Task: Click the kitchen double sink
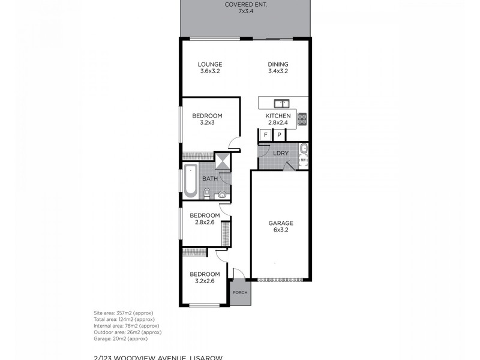(x=281, y=103)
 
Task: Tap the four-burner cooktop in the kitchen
(x=302, y=119)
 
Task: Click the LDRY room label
(x=281, y=153)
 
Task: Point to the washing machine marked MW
(x=304, y=161)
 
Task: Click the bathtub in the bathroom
(x=190, y=180)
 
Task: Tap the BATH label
(x=209, y=179)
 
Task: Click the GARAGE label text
(x=280, y=223)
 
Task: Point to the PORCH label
(x=239, y=293)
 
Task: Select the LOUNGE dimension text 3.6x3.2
(x=210, y=71)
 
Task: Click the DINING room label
(x=278, y=64)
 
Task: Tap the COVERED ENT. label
(x=247, y=4)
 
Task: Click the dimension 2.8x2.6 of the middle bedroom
(x=205, y=222)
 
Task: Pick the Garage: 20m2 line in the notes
(x=121, y=338)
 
